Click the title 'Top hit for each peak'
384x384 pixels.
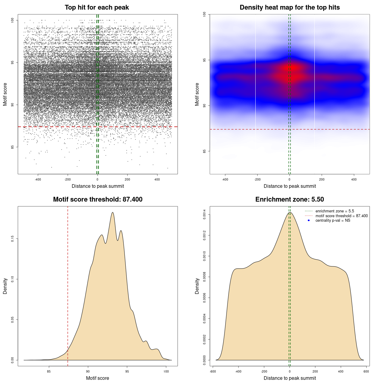97,7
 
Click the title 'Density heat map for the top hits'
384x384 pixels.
289,7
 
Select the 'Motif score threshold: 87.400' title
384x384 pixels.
97,199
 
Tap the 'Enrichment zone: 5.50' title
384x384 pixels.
289,199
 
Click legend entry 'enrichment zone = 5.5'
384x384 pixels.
334,211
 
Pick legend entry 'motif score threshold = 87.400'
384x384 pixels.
341,216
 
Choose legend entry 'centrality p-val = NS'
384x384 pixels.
333,220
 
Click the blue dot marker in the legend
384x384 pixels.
309,220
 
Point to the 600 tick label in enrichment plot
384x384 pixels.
366,371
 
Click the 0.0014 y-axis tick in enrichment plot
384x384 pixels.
204,214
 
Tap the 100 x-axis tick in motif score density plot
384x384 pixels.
166,371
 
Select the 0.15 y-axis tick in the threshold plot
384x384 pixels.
12,239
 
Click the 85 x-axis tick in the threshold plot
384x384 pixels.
49,371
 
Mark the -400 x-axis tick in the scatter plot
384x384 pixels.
38,179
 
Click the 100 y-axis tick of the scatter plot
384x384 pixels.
12,20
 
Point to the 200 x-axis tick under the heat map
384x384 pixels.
322,179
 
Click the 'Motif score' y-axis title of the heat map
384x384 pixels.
197,94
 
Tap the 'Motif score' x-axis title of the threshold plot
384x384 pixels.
97,378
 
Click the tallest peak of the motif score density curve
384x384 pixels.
112,212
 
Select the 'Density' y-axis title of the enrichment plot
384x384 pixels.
197,286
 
